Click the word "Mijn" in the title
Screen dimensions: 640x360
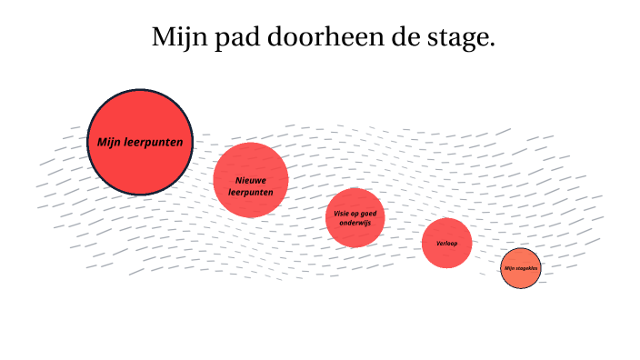click(175, 38)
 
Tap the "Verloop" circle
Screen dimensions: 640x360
click(446, 255)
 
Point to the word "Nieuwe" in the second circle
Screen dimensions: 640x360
click(250, 180)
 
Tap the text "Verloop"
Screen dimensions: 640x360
click(446, 244)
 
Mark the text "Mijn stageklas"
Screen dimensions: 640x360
click(521, 268)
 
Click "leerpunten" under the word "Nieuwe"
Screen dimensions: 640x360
click(250, 191)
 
